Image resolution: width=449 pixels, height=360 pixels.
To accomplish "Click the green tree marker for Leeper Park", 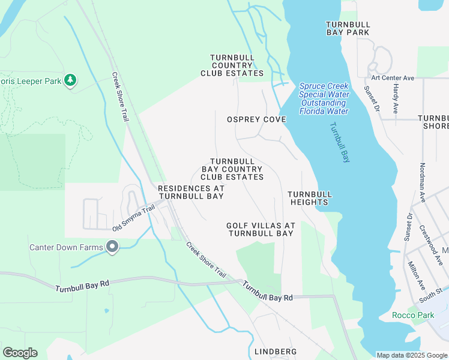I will coord(71,80).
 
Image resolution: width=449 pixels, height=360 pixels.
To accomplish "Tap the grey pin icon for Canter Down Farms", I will coord(112,247).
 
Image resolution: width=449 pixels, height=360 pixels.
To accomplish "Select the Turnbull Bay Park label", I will coord(348,28).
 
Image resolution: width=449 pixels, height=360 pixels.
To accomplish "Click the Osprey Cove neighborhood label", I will coord(256,119).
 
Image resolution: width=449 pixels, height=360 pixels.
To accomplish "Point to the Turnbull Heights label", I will coord(309,198).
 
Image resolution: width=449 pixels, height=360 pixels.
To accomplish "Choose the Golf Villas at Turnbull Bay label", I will coord(261,229).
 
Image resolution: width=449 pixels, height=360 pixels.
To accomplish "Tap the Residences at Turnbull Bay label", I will coord(191,192).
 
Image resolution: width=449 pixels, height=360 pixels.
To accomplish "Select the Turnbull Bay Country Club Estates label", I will coord(232,169).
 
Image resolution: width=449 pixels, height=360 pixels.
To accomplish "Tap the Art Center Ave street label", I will coord(393,78).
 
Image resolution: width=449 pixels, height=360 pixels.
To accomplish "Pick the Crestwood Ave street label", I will coord(431,245).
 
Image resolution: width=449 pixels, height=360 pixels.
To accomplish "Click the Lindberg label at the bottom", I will coord(276,351).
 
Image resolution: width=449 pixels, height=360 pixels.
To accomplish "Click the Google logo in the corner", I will coord(20,353).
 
